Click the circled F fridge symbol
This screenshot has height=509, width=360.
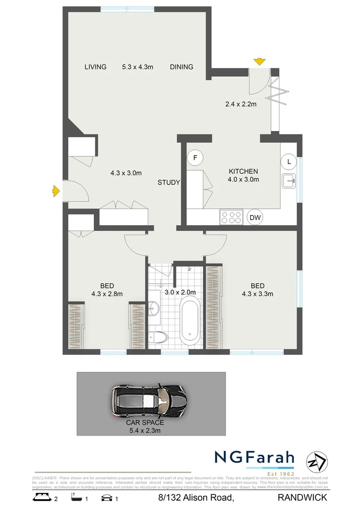coord(195,157)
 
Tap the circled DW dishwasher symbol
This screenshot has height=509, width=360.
coord(255,217)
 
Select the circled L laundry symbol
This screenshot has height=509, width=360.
coord(289,162)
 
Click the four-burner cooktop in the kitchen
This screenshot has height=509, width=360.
coord(231,217)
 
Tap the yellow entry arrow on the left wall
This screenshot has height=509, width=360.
coord(56,191)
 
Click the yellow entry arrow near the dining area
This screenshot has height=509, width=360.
coord(259,61)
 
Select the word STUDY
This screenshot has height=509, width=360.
coord(169,182)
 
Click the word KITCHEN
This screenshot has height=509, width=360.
coord(243,171)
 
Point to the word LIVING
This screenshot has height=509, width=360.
coord(95,67)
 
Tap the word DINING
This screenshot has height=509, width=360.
coord(181,67)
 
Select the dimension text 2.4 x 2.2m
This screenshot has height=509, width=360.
coord(240,104)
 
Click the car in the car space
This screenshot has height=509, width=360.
coord(148,401)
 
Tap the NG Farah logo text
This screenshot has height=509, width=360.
coord(254,458)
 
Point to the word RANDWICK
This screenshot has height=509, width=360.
coord(309,497)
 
